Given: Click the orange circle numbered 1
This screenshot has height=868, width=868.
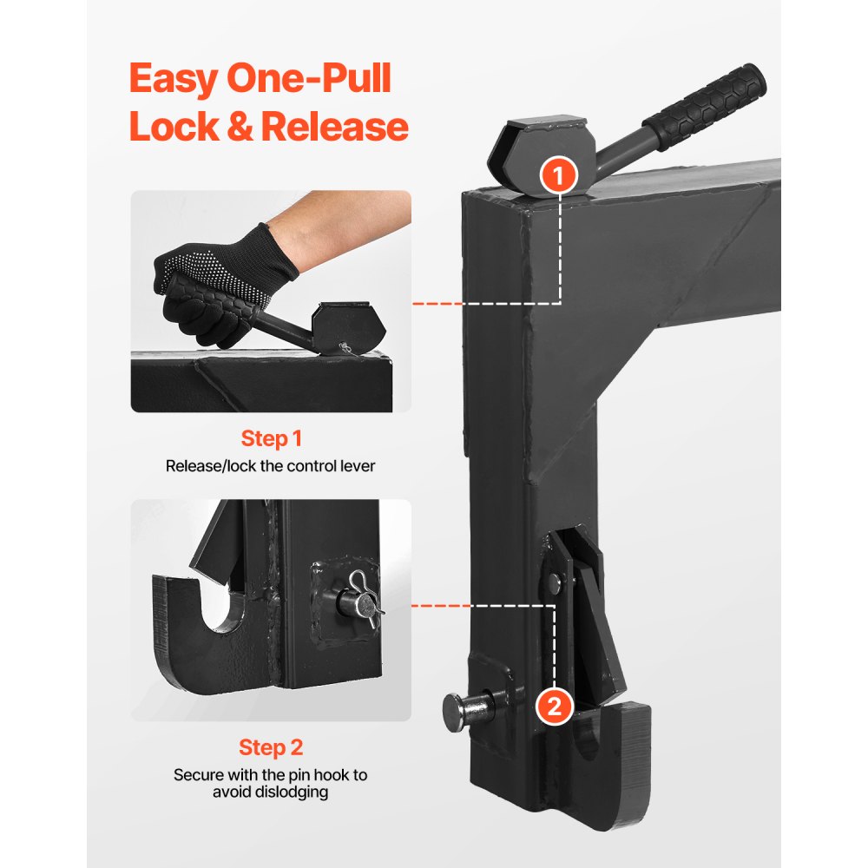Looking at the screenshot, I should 559,175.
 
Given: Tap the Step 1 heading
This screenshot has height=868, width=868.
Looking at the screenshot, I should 271,438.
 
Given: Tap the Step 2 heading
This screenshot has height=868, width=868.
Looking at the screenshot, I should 271,747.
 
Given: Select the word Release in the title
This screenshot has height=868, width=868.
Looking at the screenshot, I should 334,127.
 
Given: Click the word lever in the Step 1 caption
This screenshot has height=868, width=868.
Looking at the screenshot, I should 357,466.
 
